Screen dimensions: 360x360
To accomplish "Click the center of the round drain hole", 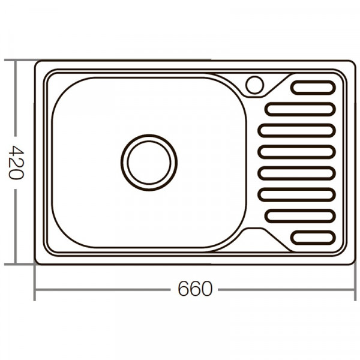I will point(149,162).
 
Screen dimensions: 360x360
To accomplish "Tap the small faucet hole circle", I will point(255,85).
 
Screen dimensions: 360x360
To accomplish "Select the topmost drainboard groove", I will point(313,87).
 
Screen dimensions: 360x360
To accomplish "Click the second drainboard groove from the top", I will point(299,109).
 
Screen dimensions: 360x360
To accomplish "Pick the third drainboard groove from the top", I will point(296,130).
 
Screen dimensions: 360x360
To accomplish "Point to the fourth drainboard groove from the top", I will point(296,152).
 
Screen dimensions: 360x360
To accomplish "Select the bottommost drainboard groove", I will point(313,238).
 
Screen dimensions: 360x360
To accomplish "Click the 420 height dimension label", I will point(14,162).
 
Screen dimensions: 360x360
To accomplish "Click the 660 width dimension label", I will point(195,289).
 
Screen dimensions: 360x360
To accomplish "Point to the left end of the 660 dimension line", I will point(35,289).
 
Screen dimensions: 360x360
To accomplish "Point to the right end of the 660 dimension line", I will point(355,289).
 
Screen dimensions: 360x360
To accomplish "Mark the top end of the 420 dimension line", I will point(14,60).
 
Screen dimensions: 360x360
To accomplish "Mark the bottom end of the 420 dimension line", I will point(14,264).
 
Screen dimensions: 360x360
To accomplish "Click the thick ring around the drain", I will point(149,136).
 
